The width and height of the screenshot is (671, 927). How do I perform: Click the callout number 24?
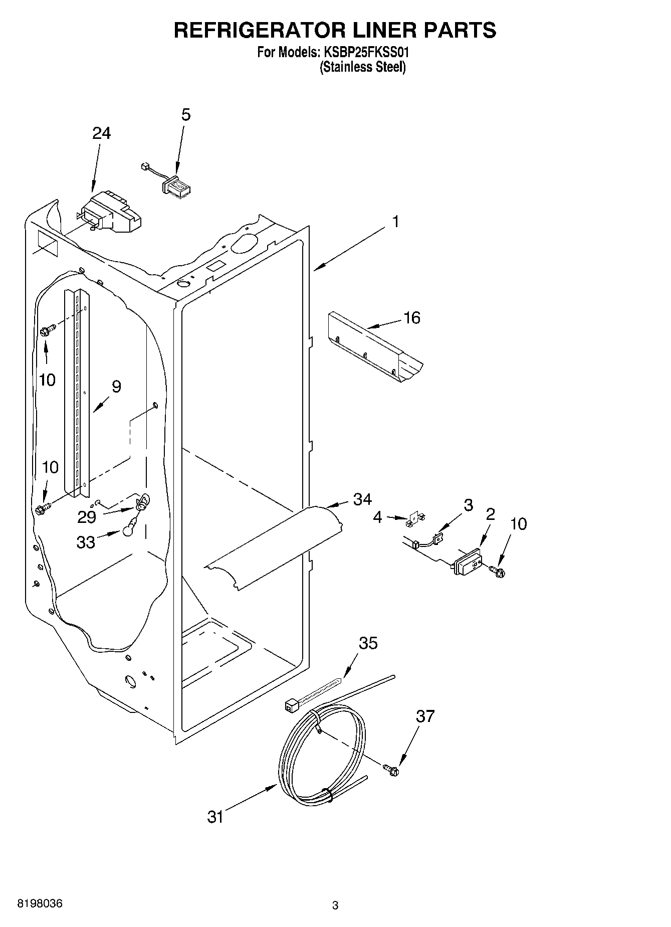coord(101,133)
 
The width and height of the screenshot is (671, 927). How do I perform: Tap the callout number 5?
coord(185,115)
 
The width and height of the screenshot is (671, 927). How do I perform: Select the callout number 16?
coord(412,318)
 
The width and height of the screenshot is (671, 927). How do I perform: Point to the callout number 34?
coord(362,499)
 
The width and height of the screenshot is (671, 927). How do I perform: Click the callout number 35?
coord(368,643)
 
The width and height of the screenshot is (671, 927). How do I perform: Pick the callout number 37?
coord(425,716)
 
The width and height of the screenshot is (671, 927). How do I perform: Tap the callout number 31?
coord(215,817)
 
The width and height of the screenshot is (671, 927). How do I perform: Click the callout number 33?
coord(86,542)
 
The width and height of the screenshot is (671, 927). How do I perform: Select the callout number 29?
coord(87,517)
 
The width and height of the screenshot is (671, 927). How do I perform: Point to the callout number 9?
coord(116,387)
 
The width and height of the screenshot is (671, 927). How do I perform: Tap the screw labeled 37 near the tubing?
coord(391,770)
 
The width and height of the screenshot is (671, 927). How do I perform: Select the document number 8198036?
coord(40,904)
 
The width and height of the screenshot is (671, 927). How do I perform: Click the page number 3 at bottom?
coord(335,906)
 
